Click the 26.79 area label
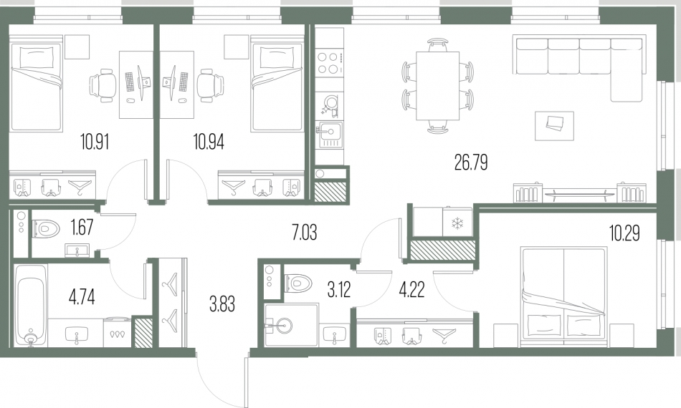pos(471,162)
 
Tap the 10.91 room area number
pos(94,142)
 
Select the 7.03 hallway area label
pos(304,233)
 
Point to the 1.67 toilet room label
pos(82,227)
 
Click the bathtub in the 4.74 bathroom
pos(30,305)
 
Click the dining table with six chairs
pos(437,86)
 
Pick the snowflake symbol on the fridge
pos(457,224)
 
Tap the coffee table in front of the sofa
pos(554,126)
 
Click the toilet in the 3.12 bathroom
pos(298,283)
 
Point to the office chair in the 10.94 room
pos(211,87)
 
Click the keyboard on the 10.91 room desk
pos(130,82)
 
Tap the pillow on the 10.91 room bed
pos(38,57)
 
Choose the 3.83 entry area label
pos(222,304)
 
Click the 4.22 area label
pos(411,290)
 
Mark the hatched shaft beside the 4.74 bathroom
pos(143,333)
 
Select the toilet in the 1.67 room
pos(46,228)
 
